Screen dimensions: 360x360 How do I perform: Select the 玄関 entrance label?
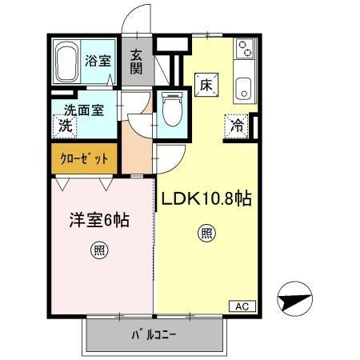click(x=137, y=62)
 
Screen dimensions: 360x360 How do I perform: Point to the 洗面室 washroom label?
click(x=78, y=110)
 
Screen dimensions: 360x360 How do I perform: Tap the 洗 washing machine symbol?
click(x=65, y=126)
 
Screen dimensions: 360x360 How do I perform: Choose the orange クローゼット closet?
click(x=84, y=158)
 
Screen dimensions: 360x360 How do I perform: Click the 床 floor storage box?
click(x=205, y=84)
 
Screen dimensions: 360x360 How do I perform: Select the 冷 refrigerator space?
click(x=237, y=125)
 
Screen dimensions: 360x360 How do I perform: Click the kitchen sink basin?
click(x=242, y=90)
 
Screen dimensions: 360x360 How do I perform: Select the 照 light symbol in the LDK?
click(x=206, y=234)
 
